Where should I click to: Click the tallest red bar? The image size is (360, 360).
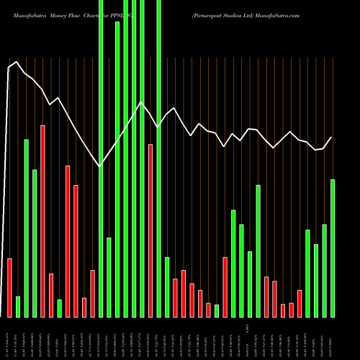pyautogui.click(x=42, y=221)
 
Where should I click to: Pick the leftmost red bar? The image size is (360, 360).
pyautogui.click(x=9, y=287)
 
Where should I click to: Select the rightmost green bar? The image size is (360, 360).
pyautogui.click(x=333, y=248)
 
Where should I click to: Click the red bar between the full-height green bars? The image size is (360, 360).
pyautogui.click(x=150, y=230)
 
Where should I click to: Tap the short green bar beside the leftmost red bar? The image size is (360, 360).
pyautogui.click(x=18, y=306)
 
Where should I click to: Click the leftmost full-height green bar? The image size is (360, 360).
pyautogui.click(x=101, y=158)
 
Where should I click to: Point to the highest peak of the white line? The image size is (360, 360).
pyautogui.click(x=16, y=63)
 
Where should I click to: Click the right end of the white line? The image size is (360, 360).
pyautogui.click(x=332, y=138)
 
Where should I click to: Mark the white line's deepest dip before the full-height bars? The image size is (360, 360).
pyautogui.click(x=99, y=166)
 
